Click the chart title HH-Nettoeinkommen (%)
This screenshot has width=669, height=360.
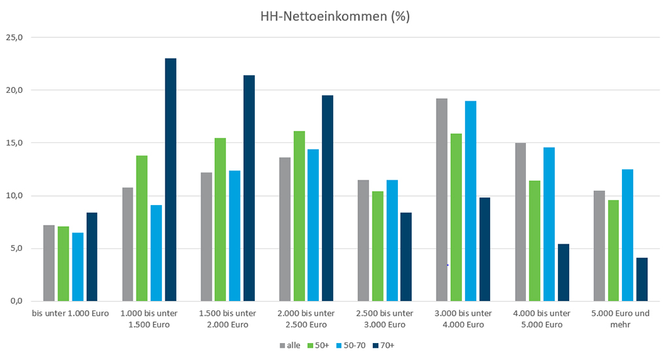pos(334,17)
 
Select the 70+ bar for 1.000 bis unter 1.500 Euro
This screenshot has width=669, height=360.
pos(171,180)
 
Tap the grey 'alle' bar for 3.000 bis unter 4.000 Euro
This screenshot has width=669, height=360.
pos(442,200)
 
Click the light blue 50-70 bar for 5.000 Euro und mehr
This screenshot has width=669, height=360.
pos(627,235)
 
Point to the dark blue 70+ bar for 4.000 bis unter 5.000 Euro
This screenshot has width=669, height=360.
pos(563,272)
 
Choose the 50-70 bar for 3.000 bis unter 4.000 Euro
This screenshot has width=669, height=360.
pos(470,201)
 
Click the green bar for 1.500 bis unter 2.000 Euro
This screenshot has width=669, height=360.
pos(220,220)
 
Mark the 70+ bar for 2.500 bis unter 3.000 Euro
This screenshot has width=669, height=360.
pos(406,257)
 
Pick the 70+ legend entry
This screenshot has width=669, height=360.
pos(385,345)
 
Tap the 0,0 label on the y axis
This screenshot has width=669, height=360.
pos(15,301)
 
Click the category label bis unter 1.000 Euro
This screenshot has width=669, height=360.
pos(71,314)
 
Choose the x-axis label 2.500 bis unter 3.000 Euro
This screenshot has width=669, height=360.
pos(385,319)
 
